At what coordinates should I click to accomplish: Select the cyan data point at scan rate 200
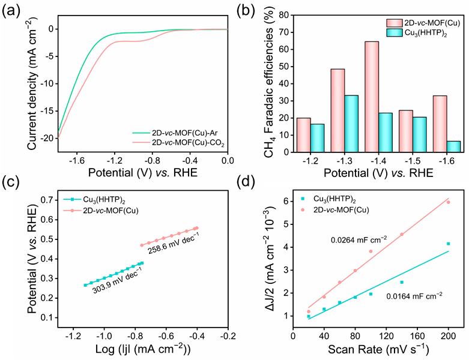click(448, 244)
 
